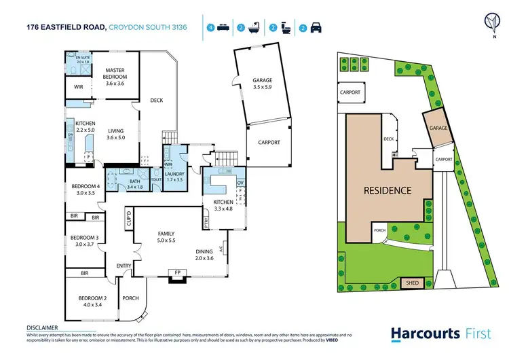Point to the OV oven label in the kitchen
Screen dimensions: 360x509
point(240,182)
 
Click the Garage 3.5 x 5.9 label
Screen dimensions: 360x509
point(262,82)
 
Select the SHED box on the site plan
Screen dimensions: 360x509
point(411,283)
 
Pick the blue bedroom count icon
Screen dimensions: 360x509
point(211,28)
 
